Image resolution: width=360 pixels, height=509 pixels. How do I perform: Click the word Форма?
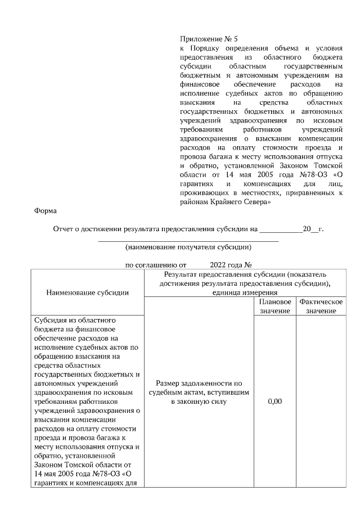(x=46, y=211)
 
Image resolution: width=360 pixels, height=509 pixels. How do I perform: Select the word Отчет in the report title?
(x=63, y=229)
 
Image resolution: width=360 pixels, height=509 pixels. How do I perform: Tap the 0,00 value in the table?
(x=275, y=402)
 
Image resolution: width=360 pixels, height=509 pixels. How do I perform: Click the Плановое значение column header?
(x=275, y=307)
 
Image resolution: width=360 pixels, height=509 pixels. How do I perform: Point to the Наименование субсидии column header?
(x=87, y=292)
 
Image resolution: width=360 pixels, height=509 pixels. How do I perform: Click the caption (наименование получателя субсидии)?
(x=188, y=247)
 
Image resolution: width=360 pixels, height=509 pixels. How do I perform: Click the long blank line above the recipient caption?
(x=188, y=240)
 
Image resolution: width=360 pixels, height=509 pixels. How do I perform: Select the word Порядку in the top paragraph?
(x=203, y=48)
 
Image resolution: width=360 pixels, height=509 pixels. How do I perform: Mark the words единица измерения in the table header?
(x=244, y=292)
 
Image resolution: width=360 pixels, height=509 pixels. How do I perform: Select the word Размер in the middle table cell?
(x=169, y=384)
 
